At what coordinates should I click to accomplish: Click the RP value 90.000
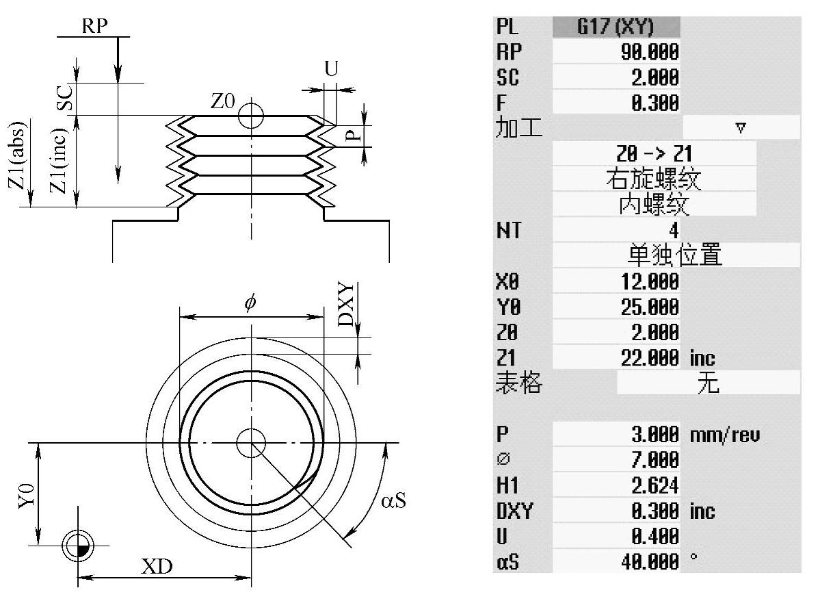[650, 52]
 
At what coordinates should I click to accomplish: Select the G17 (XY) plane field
[616, 27]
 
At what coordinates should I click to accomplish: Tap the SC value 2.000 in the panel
[655, 77]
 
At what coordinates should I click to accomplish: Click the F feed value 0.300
[655, 103]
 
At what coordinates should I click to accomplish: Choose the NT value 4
[674, 230]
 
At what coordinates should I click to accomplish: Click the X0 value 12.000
[650, 281]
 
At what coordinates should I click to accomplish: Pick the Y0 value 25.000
[650, 307]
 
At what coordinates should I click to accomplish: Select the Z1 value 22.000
[650, 358]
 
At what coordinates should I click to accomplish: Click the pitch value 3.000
[655, 435]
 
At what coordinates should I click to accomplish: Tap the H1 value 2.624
[655, 485]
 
